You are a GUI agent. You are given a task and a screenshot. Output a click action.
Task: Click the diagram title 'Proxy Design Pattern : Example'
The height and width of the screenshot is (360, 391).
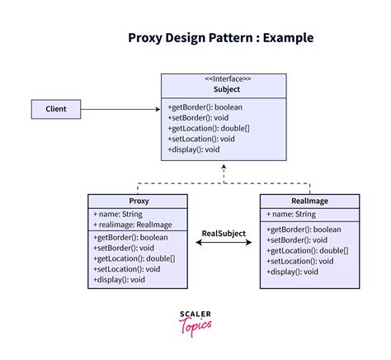[x=220, y=38]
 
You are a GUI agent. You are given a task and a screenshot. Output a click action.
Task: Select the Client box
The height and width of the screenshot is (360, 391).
[x=57, y=108]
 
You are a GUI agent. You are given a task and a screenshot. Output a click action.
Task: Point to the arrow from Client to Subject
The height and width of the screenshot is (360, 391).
[x=124, y=108]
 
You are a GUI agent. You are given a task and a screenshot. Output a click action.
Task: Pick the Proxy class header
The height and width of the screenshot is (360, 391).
[x=139, y=201]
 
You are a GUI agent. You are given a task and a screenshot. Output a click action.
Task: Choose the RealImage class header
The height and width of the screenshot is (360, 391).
[x=310, y=201]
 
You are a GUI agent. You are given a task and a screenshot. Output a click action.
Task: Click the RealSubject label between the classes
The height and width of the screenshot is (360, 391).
[x=224, y=233]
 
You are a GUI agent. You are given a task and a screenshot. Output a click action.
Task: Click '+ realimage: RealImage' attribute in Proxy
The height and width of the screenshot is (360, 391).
[x=133, y=225]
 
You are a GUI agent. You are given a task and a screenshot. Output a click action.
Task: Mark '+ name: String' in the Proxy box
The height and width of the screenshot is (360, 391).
[x=120, y=214]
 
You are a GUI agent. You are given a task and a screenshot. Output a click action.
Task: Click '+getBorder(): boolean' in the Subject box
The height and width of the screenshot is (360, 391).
[x=205, y=107]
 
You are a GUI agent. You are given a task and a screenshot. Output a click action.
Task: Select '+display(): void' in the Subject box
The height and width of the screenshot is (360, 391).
[x=194, y=149]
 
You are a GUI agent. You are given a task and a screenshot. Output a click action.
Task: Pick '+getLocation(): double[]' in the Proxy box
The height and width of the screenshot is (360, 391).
[x=134, y=258]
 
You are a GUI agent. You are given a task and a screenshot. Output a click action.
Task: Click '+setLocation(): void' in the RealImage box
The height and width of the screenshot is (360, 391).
[x=301, y=261]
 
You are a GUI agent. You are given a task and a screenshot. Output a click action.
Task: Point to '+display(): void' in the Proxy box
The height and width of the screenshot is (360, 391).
[x=120, y=279]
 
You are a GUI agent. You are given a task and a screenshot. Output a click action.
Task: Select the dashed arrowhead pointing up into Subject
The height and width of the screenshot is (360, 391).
[x=224, y=169]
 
